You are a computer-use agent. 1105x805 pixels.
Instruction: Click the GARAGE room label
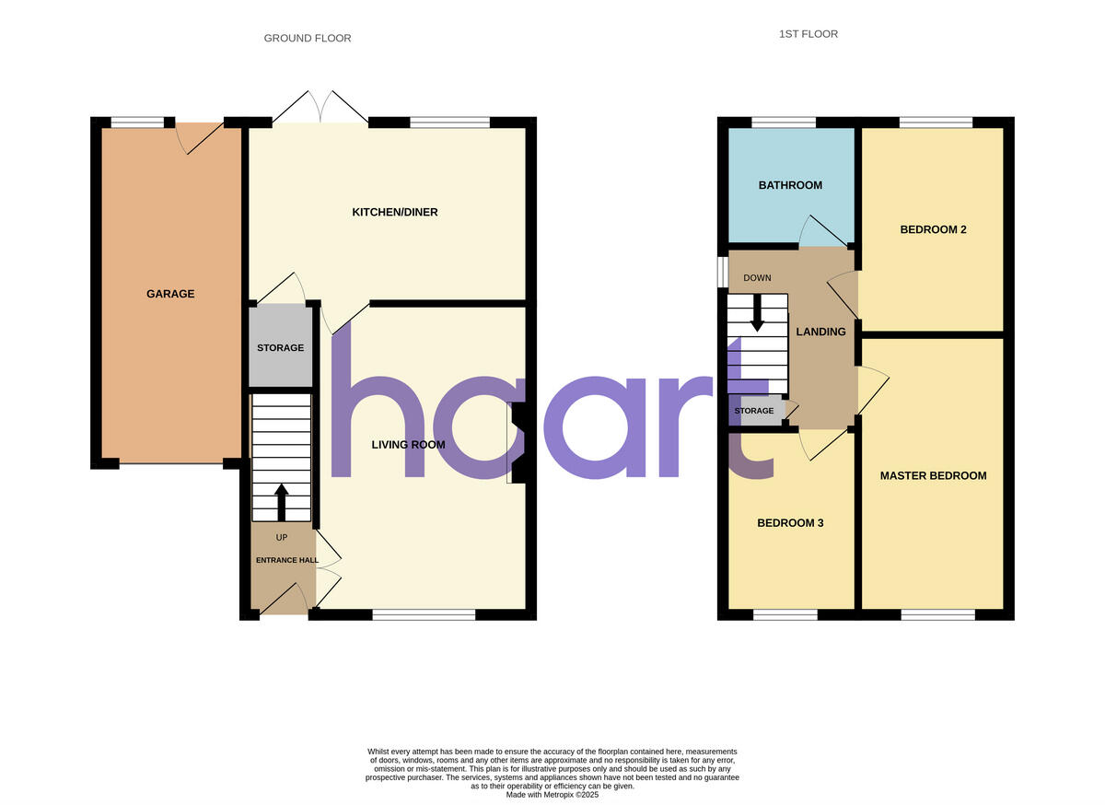(170, 294)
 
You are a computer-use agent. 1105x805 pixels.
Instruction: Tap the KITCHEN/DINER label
(395, 213)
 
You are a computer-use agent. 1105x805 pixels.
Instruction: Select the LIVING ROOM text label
(408, 445)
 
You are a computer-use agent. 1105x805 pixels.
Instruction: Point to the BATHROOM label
(790, 186)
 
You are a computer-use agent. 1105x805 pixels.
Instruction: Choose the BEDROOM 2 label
(933, 229)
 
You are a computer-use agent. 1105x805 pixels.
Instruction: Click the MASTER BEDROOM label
(933, 476)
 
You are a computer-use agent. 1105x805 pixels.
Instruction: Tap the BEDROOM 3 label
(790, 523)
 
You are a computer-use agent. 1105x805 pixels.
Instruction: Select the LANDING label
(820, 332)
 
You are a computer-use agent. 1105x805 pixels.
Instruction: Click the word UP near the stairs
(282, 537)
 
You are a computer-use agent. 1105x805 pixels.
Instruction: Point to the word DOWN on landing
(757, 278)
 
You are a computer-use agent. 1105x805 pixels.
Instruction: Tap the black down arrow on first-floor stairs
(757, 313)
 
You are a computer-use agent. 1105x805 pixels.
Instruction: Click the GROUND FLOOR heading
(308, 39)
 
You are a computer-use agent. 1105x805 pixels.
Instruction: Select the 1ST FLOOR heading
(808, 34)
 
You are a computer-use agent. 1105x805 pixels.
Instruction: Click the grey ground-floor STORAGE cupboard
(280, 347)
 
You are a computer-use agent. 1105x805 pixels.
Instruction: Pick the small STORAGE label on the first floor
(754, 411)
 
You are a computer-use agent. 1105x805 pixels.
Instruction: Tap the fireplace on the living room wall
(518, 443)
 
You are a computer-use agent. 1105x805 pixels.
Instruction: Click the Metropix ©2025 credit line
(552, 794)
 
